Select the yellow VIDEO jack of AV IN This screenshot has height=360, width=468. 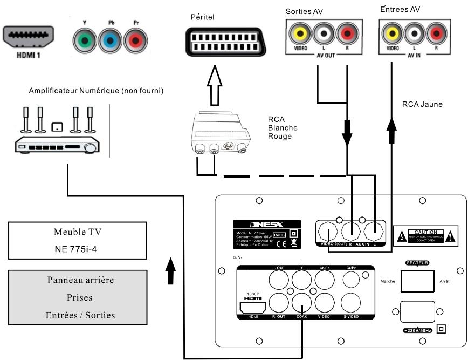coord(392,35)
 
